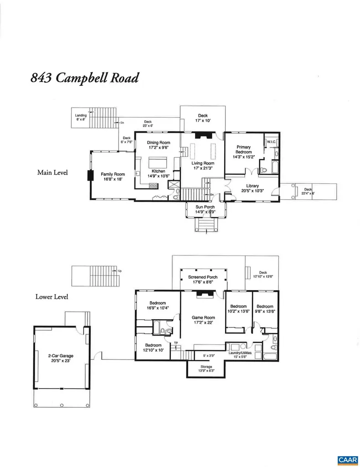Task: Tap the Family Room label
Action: (x=113, y=174)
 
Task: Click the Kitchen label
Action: (x=158, y=171)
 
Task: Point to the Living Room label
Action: (x=203, y=163)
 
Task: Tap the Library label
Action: (x=252, y=186)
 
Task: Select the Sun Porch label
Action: (x=205, y=207)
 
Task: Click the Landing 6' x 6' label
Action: (x=81, y=116)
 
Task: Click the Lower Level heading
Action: (x=52, y=297)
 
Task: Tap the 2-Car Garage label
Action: (x=61, y=356)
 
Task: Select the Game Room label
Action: (x=203, y=317)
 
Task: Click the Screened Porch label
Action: (x=203, y=277)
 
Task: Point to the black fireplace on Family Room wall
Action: (x=90, y=176)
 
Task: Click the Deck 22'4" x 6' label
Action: (x=308, y=190)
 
